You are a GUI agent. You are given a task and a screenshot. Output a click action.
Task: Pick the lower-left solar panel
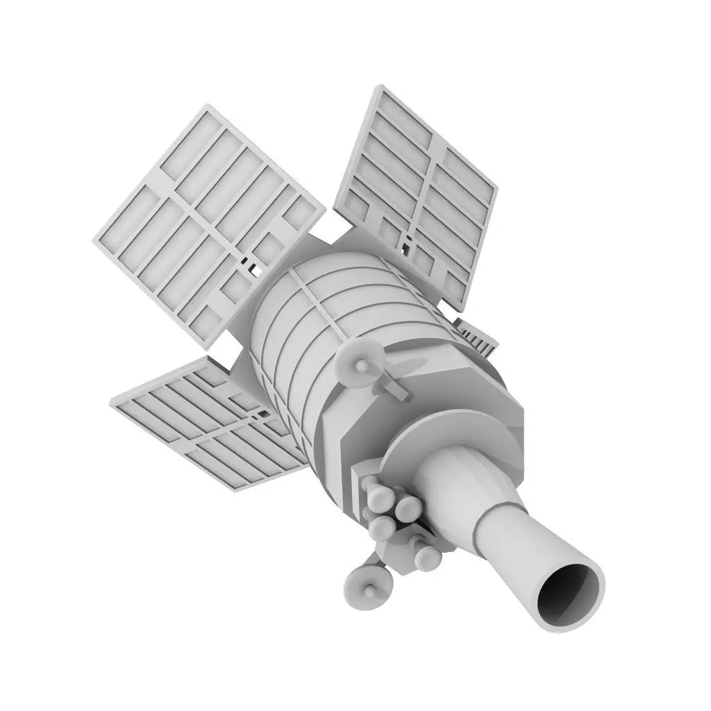coord(208,424)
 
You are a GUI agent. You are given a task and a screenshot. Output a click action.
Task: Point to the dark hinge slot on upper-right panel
coord(407,242)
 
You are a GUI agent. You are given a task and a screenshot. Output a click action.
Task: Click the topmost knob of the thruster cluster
coord(375,483)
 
